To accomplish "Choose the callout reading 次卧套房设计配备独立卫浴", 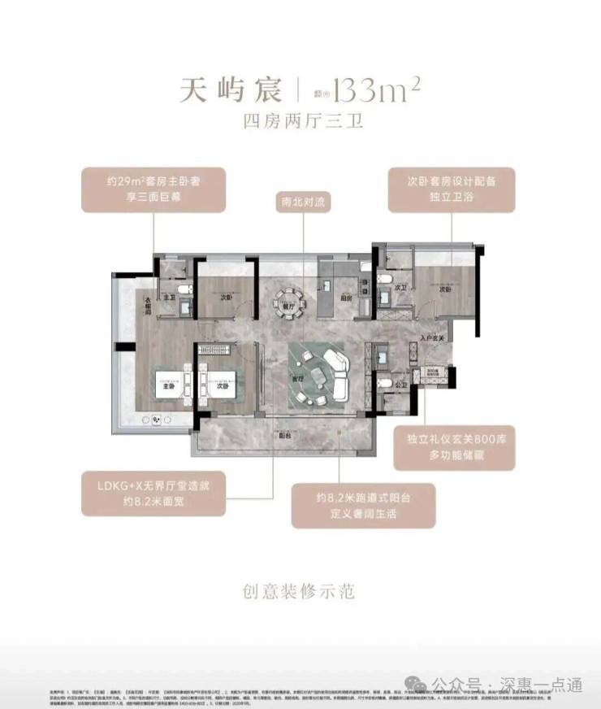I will tap(452, 190).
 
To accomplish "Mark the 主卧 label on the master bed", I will tap(168, 387).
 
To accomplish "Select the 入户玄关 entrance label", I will tap(432, 337).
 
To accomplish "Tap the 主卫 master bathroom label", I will tap(169, 298).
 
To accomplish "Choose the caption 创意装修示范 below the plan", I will tap(300, 591).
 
